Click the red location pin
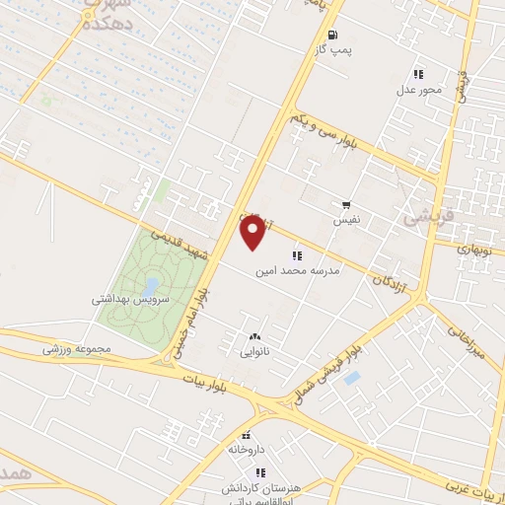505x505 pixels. [253, 233]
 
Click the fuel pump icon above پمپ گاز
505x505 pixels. [331, 33]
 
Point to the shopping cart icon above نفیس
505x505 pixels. [346, 205]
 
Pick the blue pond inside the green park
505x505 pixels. [150, 285]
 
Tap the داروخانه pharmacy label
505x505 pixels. [248, 449]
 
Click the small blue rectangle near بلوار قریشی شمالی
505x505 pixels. [352, 378]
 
